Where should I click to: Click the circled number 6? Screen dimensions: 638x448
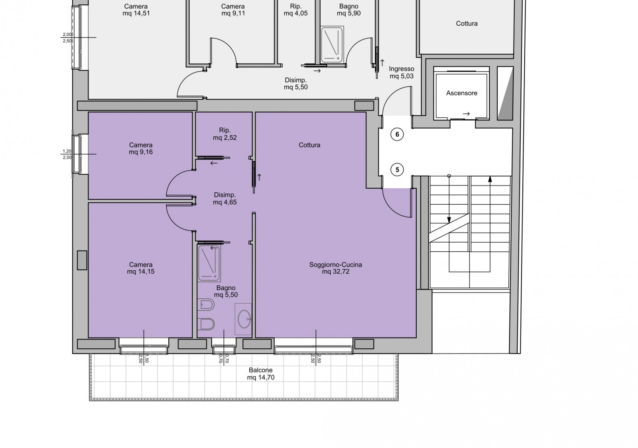(x=397, y=134)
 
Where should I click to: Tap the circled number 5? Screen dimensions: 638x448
(x=397, y=170)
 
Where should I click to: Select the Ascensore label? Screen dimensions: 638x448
(x=462, y=93)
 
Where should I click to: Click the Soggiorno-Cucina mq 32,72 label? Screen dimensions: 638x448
(x=335, y=268)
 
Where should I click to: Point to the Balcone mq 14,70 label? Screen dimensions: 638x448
(x=261, y=374)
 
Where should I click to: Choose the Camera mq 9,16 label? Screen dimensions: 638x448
(x=141, y=148)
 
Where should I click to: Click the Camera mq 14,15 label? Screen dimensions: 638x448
(x=141, y=268)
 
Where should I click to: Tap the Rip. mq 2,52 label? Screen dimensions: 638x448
(x=225, y=134)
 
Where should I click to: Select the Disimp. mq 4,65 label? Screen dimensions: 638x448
(x=225, y=198)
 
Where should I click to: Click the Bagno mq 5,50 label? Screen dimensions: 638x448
(x=226, y=291)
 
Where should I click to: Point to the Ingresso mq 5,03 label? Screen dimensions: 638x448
(x=402, y=72)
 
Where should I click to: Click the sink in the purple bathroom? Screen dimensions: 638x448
(x=244, y=319)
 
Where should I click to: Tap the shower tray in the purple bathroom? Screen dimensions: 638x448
(x=209, y=263)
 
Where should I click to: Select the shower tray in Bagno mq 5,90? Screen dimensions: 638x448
(x=332, y=45)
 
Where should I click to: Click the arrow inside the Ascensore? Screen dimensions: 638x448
(x=466, y=114)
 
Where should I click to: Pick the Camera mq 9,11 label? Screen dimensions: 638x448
(x=233, y=10)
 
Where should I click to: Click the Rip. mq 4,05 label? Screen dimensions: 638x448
(x=295, y=10)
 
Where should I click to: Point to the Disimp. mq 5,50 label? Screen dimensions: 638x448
(x=295, y=83)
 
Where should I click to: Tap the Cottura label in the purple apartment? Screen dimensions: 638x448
(x=309, y=145)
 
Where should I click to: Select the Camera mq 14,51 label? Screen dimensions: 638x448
(x=136, y=10)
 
